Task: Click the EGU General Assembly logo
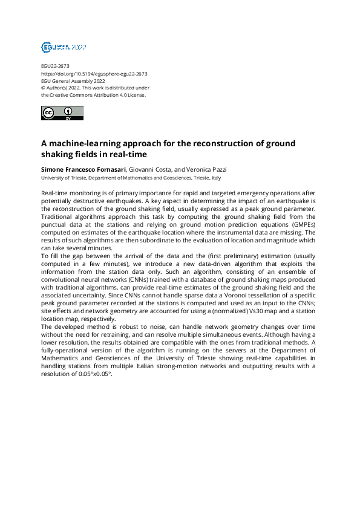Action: pyautogui.click(x=64, y=47)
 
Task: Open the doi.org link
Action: pyautogui.click(x=94, y=74)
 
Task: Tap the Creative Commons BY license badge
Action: pyautogui.click(x=62, y=113)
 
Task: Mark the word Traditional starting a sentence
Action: pyautogui.click(x=60, y=216)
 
